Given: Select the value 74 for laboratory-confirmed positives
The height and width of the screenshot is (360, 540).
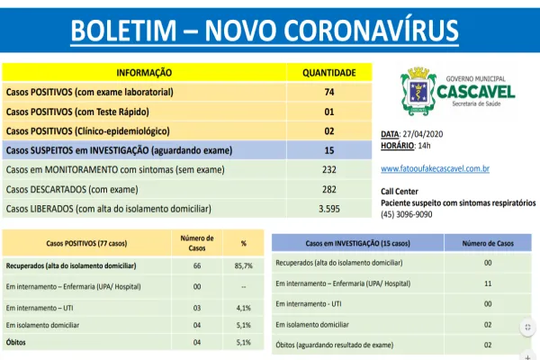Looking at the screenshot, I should click(328, 92).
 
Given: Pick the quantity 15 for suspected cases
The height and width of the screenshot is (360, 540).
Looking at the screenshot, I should click(328, 150).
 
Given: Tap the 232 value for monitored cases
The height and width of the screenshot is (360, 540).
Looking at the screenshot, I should click(328, 170).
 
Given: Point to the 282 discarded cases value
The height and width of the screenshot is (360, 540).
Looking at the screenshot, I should click(328, 190).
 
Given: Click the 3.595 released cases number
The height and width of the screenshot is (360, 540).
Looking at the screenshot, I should click(328, 209).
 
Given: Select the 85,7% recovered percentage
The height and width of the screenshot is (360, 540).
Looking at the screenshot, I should click(244, 267).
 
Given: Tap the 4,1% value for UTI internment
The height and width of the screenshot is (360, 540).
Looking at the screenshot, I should click(244, 306).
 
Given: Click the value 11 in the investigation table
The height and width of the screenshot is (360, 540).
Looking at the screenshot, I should click(487, 283).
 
